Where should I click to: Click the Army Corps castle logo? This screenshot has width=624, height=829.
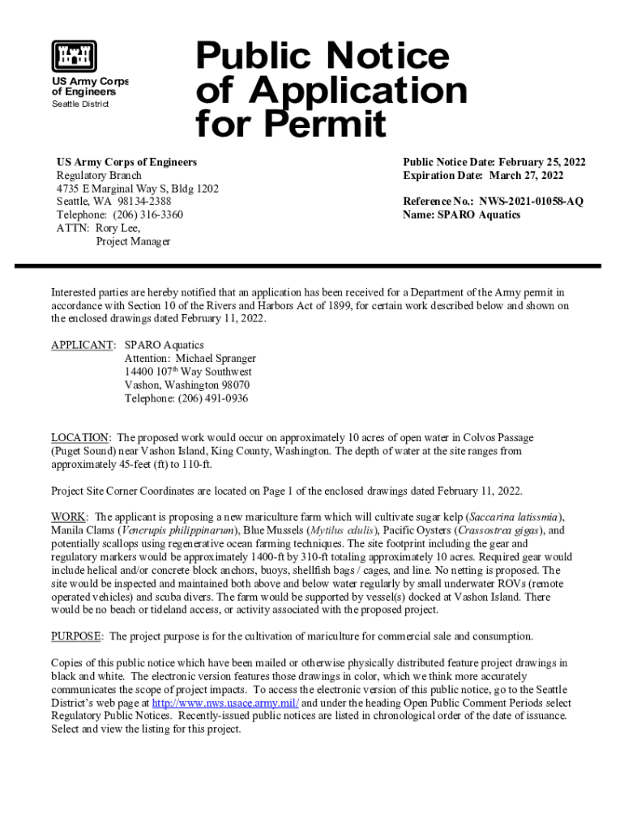75,56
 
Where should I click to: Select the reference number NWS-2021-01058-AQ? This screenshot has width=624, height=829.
530,202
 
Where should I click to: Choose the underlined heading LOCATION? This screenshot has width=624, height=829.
80,437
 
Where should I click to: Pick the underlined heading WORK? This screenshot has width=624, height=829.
70,517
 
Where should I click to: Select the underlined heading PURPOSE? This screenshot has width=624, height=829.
77,636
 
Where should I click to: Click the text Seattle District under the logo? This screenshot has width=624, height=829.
80,104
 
